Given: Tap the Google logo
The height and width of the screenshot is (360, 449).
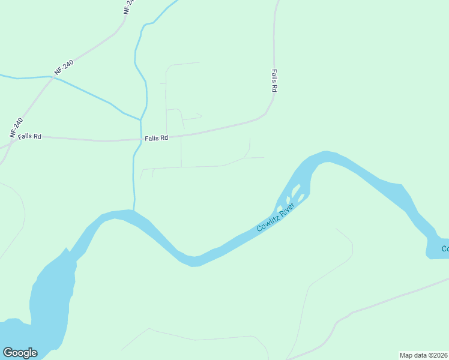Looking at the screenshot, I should (20, 353).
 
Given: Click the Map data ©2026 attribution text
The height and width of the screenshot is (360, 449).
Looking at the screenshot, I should (424, 355).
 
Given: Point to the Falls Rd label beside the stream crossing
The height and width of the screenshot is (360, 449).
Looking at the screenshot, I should (156, 138).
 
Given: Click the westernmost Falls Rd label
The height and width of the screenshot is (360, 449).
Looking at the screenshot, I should (29, 136).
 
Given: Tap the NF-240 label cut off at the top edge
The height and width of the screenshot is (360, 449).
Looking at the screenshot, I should (129, 6).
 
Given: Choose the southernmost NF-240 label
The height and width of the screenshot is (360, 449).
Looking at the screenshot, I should (16, 128).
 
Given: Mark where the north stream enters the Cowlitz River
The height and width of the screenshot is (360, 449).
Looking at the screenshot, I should (134, 210).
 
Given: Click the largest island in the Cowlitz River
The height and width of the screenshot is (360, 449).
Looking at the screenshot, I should (295, 191).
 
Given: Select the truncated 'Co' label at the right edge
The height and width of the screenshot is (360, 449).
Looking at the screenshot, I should (444, 248).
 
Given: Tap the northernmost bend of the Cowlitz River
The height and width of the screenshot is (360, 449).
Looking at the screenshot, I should (324, 155).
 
